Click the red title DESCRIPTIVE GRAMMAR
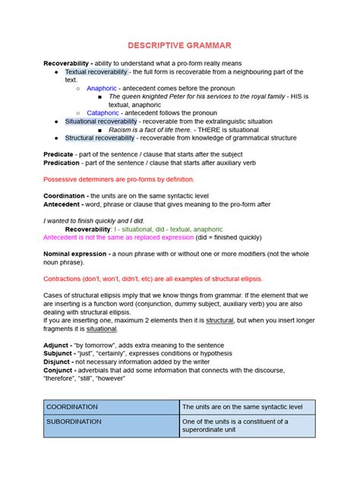(179, 46)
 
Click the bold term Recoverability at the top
(66, 63)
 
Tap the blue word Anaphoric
(101, 88)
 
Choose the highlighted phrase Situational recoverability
(101, 122)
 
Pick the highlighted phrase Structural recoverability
(99, 138)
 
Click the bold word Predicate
(58, 154)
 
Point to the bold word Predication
(62, 163)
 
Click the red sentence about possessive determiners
(118, 179)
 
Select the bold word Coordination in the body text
(65, 196)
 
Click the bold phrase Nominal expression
(76, 254)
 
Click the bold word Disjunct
(57, 362)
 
